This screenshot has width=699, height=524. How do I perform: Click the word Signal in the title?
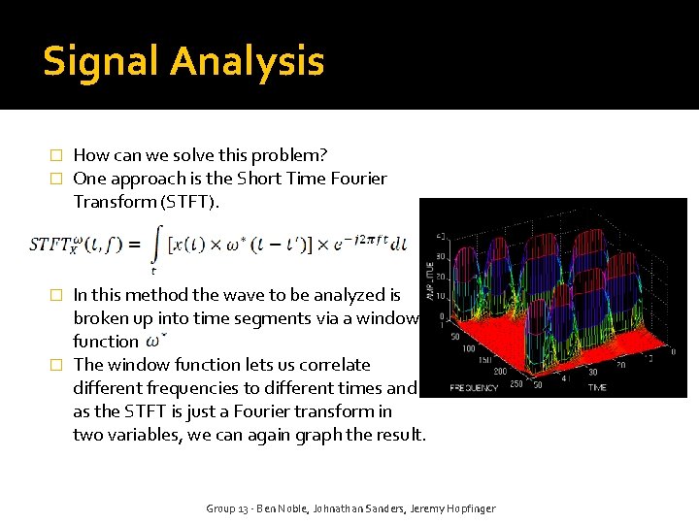(102, 62)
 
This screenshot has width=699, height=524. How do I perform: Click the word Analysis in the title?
(247, 62)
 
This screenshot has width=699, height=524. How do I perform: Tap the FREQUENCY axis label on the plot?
(475, 387)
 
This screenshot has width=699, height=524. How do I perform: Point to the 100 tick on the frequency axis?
(470, 347)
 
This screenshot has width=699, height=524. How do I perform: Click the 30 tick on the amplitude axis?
(439, 258)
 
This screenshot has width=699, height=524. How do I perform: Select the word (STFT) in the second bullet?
(189, 202)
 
